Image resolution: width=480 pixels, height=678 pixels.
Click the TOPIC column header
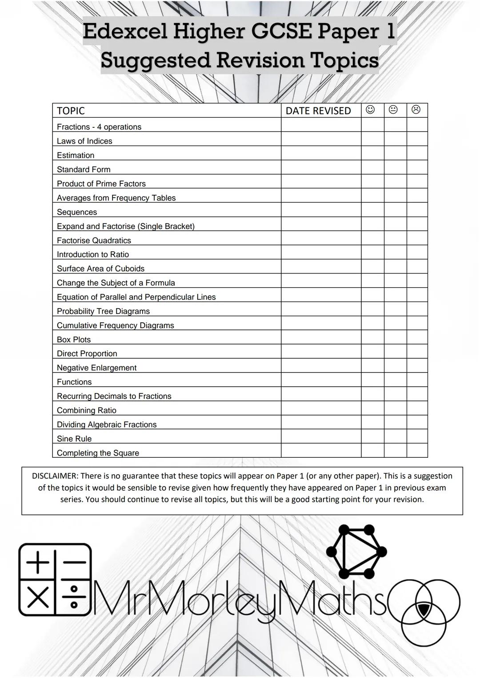(71, 111)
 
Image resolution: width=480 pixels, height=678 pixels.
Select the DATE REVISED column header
(318, 111)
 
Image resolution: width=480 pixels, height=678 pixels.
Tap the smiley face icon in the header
(370, 110)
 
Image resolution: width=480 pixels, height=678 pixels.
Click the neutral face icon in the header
(393, 110)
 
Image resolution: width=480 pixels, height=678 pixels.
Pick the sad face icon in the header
(416, 110)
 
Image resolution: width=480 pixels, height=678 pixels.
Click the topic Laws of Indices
(84, 141)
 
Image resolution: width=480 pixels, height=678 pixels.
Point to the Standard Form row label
(84, 170)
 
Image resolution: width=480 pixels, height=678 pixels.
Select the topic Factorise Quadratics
(94, 241)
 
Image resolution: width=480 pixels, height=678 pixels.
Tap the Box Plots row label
(74, 340)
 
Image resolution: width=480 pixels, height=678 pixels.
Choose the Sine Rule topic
(74, 439)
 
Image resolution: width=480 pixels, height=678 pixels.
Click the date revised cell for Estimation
(321, 153)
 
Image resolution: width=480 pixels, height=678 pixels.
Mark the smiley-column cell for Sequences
(372, 210)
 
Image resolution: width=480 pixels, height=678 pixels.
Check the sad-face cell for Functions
(417, 380)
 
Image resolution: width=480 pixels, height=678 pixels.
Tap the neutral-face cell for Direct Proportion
(395, 351)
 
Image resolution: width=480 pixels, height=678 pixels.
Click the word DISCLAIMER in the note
(55, 476)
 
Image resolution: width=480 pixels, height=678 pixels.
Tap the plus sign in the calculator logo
(38, 563)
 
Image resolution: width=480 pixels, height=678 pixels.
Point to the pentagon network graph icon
(356, 551)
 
